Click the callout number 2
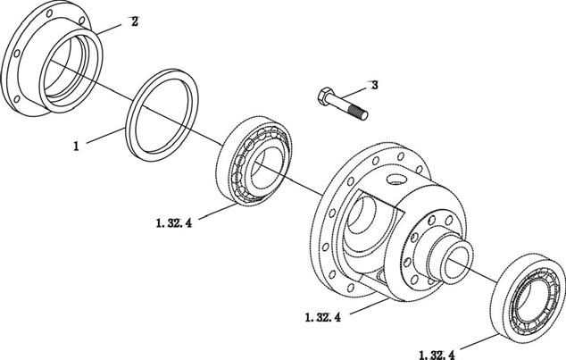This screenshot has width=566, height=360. coord(134,22)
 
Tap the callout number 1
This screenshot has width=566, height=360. coord(76,147)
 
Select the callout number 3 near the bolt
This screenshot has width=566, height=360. coord(375,85)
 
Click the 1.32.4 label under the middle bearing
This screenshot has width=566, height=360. coord(174,223)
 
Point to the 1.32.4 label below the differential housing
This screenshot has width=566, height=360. coord(322,317)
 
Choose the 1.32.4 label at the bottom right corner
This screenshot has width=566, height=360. coord(437,355)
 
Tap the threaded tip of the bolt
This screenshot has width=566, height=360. coord(362,113)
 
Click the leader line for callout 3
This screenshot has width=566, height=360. coord(354,91)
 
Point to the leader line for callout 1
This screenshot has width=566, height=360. coord(104,136)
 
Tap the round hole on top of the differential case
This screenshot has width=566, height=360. coord(395,179)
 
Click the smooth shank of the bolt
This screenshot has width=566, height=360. coord(342,105)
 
